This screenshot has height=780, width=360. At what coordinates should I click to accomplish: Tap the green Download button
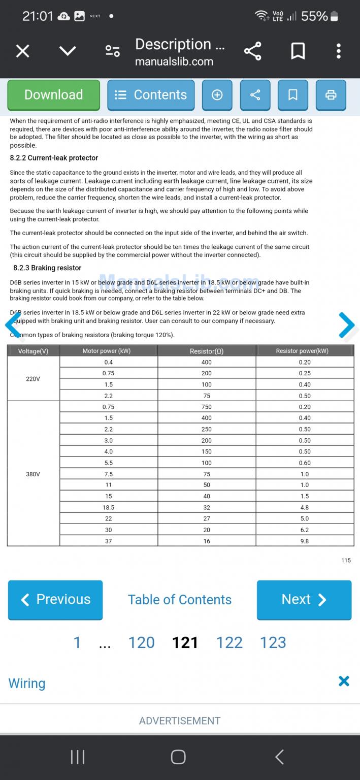pyautogui.click(x=53, y=95)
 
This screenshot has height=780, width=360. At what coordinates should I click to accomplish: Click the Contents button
pyautogui.click(x=151, y=95)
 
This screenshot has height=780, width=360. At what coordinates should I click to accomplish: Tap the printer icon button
pyautogui.click(x=331, y=95)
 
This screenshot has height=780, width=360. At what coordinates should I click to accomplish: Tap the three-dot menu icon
pyautogui.click(x=339, y=51)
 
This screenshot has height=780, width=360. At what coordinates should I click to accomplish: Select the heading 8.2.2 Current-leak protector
pyautogui.click(x=54, y=158)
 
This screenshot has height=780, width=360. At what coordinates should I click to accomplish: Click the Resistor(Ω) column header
pyautogui.click(x=207, y=351)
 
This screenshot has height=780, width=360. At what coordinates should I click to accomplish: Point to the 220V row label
pyautogui.click(x=33, y=378)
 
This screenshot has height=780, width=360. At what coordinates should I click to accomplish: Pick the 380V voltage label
pyautogui.click(x=33, y=474)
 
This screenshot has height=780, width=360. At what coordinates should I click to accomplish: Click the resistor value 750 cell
pyautogui.click(x=207, y=407)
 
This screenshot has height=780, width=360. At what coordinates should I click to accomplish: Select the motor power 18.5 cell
pyautogui.click(x=108, y=507)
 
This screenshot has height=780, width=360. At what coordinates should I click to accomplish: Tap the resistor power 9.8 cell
pyautogui.click(x=305, y=541)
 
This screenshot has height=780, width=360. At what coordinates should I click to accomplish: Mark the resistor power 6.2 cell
pyautogui.click(x=305, y=530)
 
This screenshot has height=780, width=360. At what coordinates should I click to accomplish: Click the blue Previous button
pyautogui.click(x=55, y=600)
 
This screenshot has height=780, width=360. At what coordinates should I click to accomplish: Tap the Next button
pyautogui.click(x=304, y=600)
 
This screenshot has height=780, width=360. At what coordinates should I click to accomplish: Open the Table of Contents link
pyautogui.click(x=180, y=600)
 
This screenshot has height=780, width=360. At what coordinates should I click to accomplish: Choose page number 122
pyautogui.click(x=230, y=642)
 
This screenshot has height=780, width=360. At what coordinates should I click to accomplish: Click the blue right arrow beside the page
pyautogui.click(x=346, y=325)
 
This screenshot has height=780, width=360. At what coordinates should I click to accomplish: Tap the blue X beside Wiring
pyautogui.click(x=344, y=681)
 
